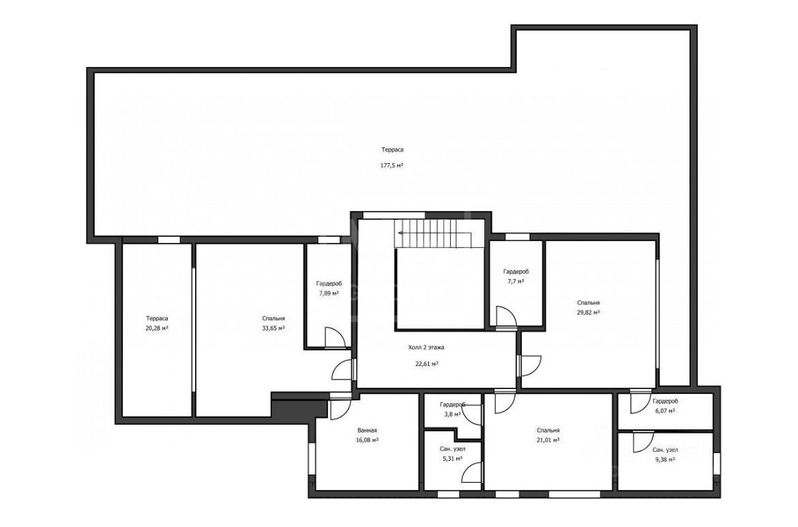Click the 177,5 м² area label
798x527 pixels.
(x=392, y=165)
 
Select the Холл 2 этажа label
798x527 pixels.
(x=426, y=347)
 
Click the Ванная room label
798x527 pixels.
(x=366, y=430)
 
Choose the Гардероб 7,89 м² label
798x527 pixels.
(x=329, y=288)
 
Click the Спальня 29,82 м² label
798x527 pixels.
(x=589, y=308)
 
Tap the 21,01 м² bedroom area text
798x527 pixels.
(x=548, y=440)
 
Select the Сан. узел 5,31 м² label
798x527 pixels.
(x=452, y=454)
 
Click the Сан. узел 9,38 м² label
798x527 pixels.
(x=665, y=455)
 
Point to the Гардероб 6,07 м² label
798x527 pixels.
(x=665, y=405)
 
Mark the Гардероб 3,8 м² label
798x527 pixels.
(x=452, y=410)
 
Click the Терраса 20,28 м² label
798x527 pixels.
(x=157, y=324)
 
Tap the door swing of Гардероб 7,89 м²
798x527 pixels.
(x=336, y=338)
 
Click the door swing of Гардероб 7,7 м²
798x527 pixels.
(x=506, y=316)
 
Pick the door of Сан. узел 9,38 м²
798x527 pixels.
(x=643, y=442)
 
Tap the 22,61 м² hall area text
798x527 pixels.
(x=427, y=364)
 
